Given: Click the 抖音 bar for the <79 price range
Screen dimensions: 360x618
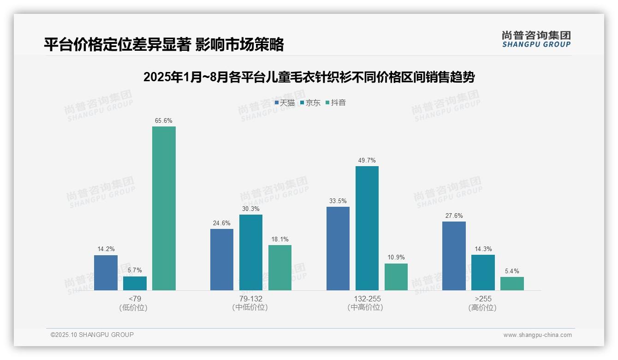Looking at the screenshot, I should (x=164, y=208).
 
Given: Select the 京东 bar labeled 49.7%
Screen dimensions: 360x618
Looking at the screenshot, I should (x=367, y=228).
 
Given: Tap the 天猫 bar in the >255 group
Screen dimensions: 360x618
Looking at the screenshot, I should (x=454, y=256).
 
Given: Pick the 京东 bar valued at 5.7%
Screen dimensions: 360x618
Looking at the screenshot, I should (x=135, y=283).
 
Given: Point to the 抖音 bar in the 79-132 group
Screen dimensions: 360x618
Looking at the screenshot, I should (x=280, y=267).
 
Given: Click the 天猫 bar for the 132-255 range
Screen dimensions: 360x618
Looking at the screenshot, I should (x=338, y=248).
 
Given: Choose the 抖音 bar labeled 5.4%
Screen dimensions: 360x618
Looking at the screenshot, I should (x=512, y=283).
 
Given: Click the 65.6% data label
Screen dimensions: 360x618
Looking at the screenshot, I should (x=164, y=121).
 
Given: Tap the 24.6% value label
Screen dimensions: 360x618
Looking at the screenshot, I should (x=222, y=223).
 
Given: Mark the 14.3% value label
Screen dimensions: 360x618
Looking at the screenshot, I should (x=483, y=249).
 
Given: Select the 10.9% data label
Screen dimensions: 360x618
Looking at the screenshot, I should (x=396, y=258).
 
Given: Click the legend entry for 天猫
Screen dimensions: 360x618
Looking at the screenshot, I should (x=285, y=103).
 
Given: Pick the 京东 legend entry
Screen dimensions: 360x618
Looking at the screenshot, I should (x=310, y=103).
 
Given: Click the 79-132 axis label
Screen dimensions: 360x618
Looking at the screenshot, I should (x=250, y=299).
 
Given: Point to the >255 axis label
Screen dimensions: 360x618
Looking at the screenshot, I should (x=482, y=299).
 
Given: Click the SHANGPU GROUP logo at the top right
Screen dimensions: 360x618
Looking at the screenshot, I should (x=536, y=39).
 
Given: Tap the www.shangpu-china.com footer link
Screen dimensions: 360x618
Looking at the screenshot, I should (x=537, y=335).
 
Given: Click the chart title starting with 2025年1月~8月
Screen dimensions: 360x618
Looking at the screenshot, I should (x=309, y=77).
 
